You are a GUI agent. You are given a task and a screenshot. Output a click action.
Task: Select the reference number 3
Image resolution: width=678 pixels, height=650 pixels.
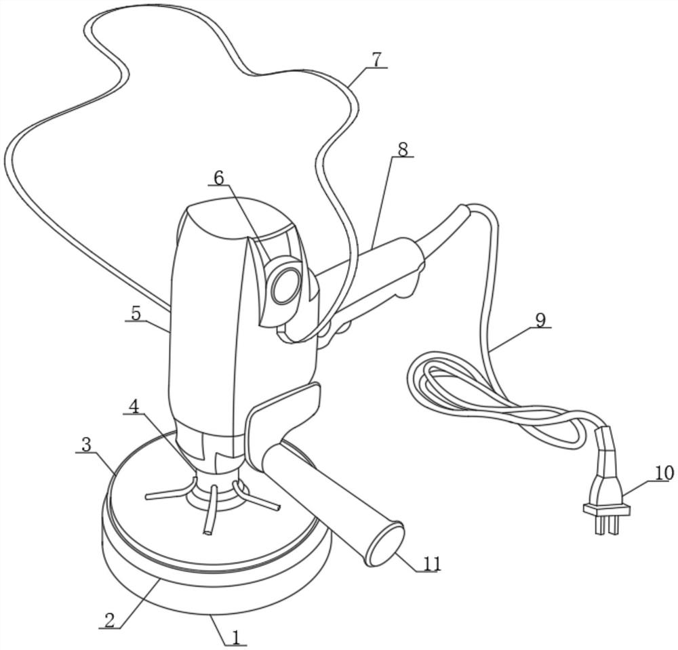[87, 445]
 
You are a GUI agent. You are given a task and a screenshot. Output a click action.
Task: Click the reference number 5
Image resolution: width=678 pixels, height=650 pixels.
[136, 314]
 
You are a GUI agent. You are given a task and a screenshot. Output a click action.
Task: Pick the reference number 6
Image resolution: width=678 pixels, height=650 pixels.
[219, 177]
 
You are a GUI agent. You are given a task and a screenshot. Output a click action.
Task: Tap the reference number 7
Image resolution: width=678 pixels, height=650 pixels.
[376, 60]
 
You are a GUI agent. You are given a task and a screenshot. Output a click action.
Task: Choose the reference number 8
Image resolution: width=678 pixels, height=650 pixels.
[403, 150]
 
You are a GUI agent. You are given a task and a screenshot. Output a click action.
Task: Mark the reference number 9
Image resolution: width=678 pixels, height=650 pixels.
[540, 320]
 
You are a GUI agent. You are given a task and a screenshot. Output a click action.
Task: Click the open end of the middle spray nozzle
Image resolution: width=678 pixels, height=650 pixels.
[208, 533]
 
